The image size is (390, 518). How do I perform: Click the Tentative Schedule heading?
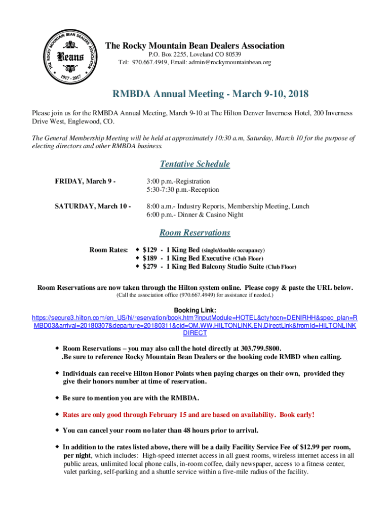pyautogui.click(x=194, y=164)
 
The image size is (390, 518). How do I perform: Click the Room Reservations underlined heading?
pyautogui.click(x=194, y=233)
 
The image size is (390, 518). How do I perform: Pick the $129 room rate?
pyautogui.click(x=149, y=250)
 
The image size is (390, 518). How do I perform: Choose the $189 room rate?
pyautogui.click(x=149, y=258)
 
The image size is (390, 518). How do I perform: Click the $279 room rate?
pyautogui.click(x=149, y=266)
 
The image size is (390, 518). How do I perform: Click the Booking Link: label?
pyautogui.click(x=195, y=310)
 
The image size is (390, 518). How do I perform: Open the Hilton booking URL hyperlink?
pyautogui.click(x=194, y=325)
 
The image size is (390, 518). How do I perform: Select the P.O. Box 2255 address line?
pyautogui.click(x=194, y=54)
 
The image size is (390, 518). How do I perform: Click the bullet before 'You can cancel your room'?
pyautogui.click(x=57, y=430)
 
